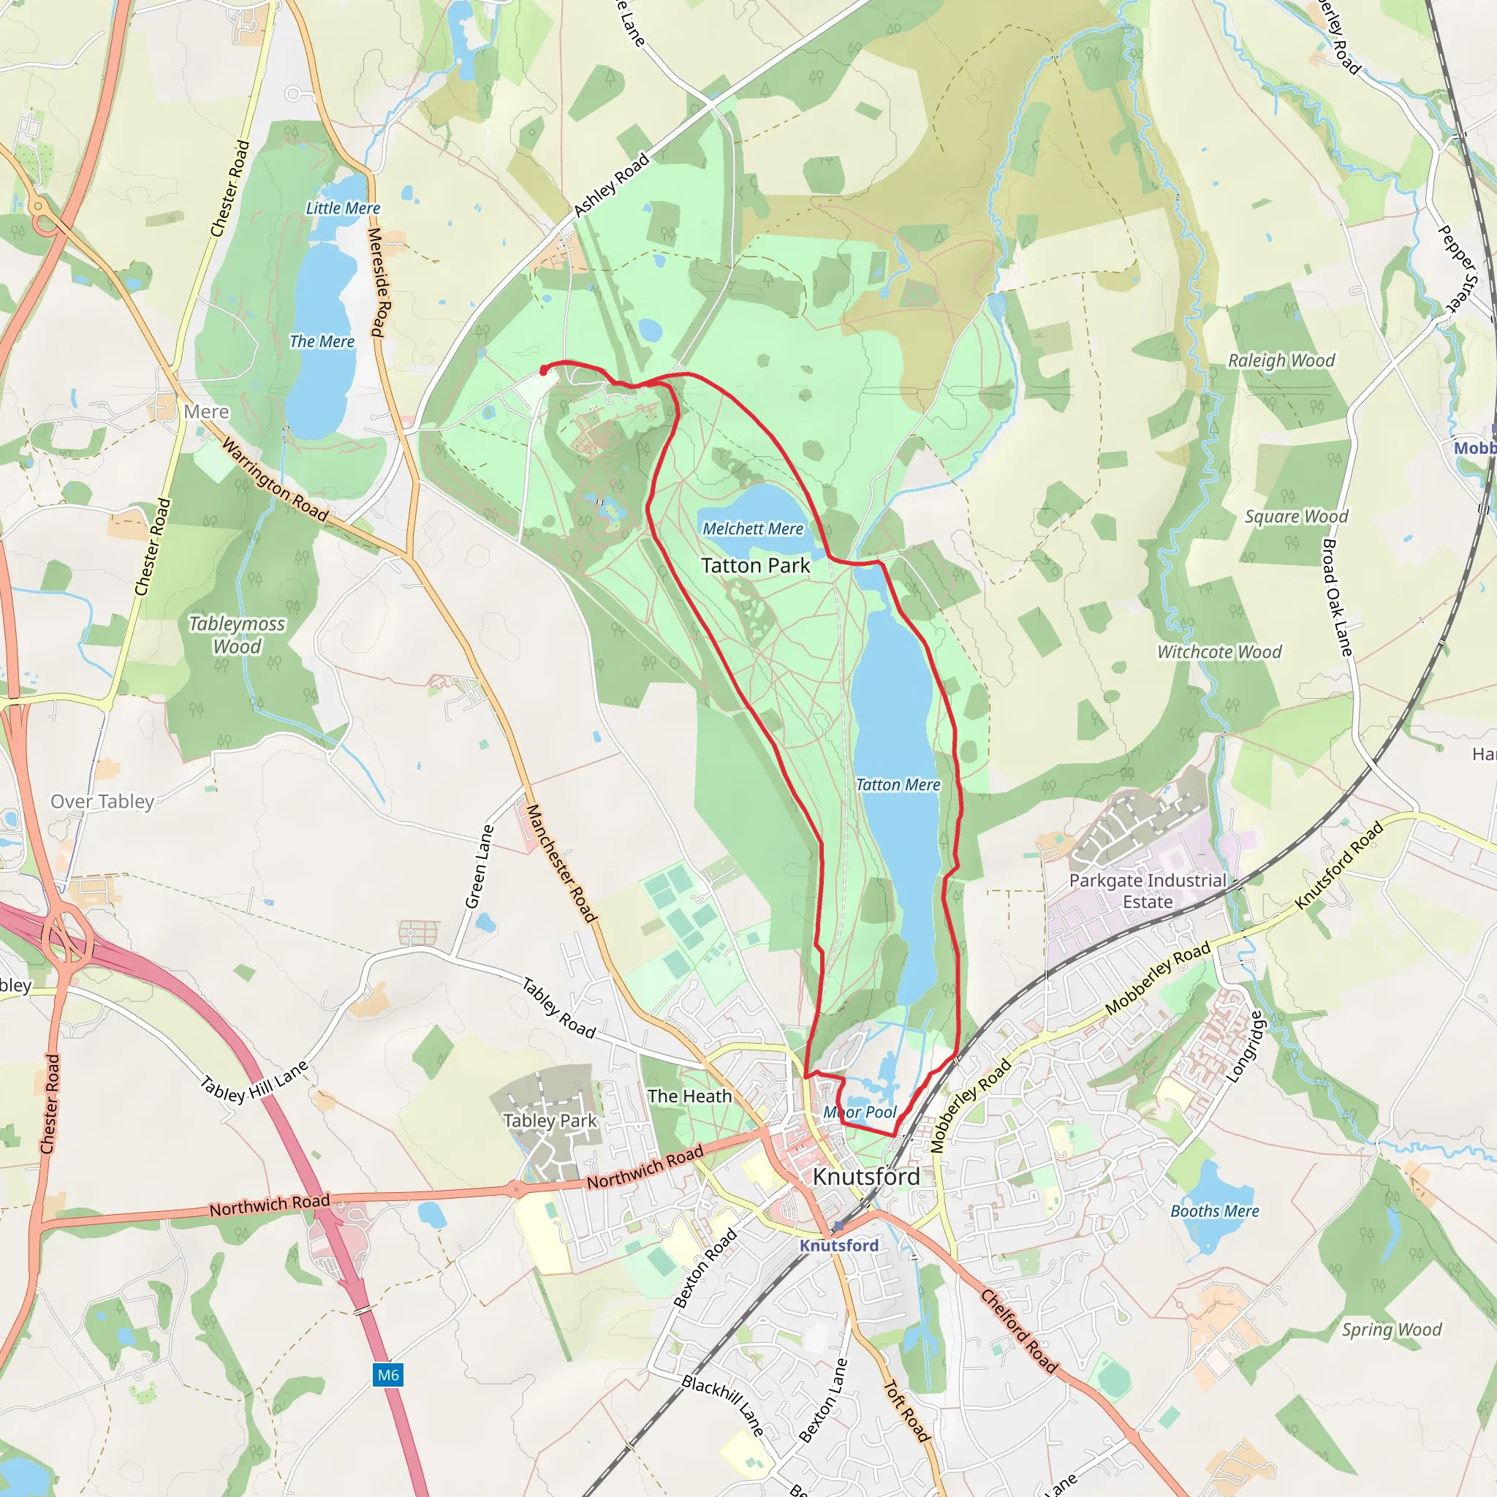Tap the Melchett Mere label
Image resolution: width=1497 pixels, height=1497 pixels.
[752, 528]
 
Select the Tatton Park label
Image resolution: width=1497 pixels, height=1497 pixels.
[756, 566]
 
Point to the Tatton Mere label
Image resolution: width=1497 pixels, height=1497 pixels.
[898, 785]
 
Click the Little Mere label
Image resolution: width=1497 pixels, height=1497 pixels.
[343, 208]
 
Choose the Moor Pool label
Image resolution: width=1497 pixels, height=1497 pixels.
[860, 1112]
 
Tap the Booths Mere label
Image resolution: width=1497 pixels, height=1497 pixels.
[1214, 1211]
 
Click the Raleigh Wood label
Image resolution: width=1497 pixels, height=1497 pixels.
[1281, 360]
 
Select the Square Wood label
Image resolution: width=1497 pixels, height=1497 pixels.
[1296, 516]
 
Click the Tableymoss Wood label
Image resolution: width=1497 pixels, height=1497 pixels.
[237, 634]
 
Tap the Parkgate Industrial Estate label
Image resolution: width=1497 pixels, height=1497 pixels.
[1148, 891]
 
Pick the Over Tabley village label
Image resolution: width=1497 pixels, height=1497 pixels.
[102, 801]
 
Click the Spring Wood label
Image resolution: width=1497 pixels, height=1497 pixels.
[1392, 1330]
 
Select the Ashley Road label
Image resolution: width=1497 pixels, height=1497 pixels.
[610, 185]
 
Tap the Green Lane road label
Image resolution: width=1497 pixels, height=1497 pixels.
[479, 866]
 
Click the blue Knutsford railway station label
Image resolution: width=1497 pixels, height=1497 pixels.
[839, 1245]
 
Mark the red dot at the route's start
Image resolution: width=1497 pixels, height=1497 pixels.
[544, 370]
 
